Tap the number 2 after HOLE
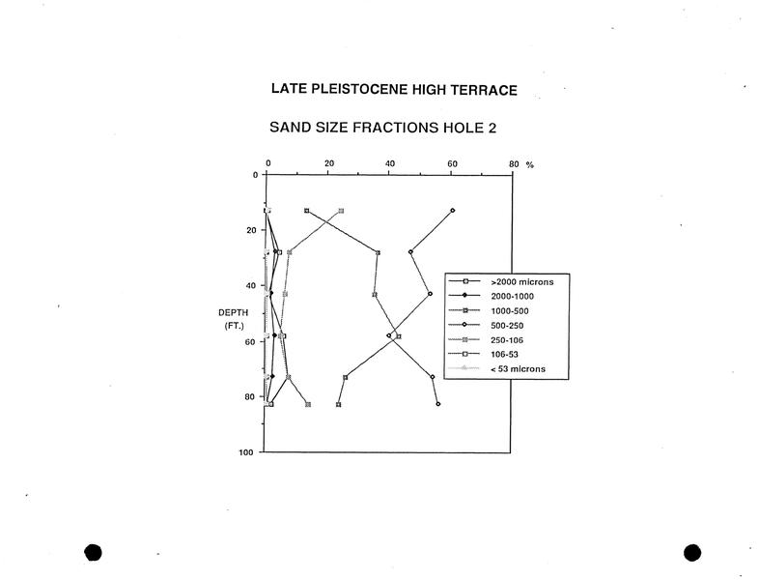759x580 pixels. tap(492, 128)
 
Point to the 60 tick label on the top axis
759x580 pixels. tap(452, 163)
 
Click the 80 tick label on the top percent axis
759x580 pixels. tap(514, 163)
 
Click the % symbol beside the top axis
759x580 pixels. tap(530, 164)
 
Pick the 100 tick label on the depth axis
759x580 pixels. tap(245, 452)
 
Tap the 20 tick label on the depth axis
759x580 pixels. tap(251, 230)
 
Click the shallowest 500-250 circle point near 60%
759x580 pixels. tap(453, 211)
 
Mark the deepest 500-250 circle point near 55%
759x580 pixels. tap(438, 404)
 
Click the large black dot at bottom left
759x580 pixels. tap(93, 552)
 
